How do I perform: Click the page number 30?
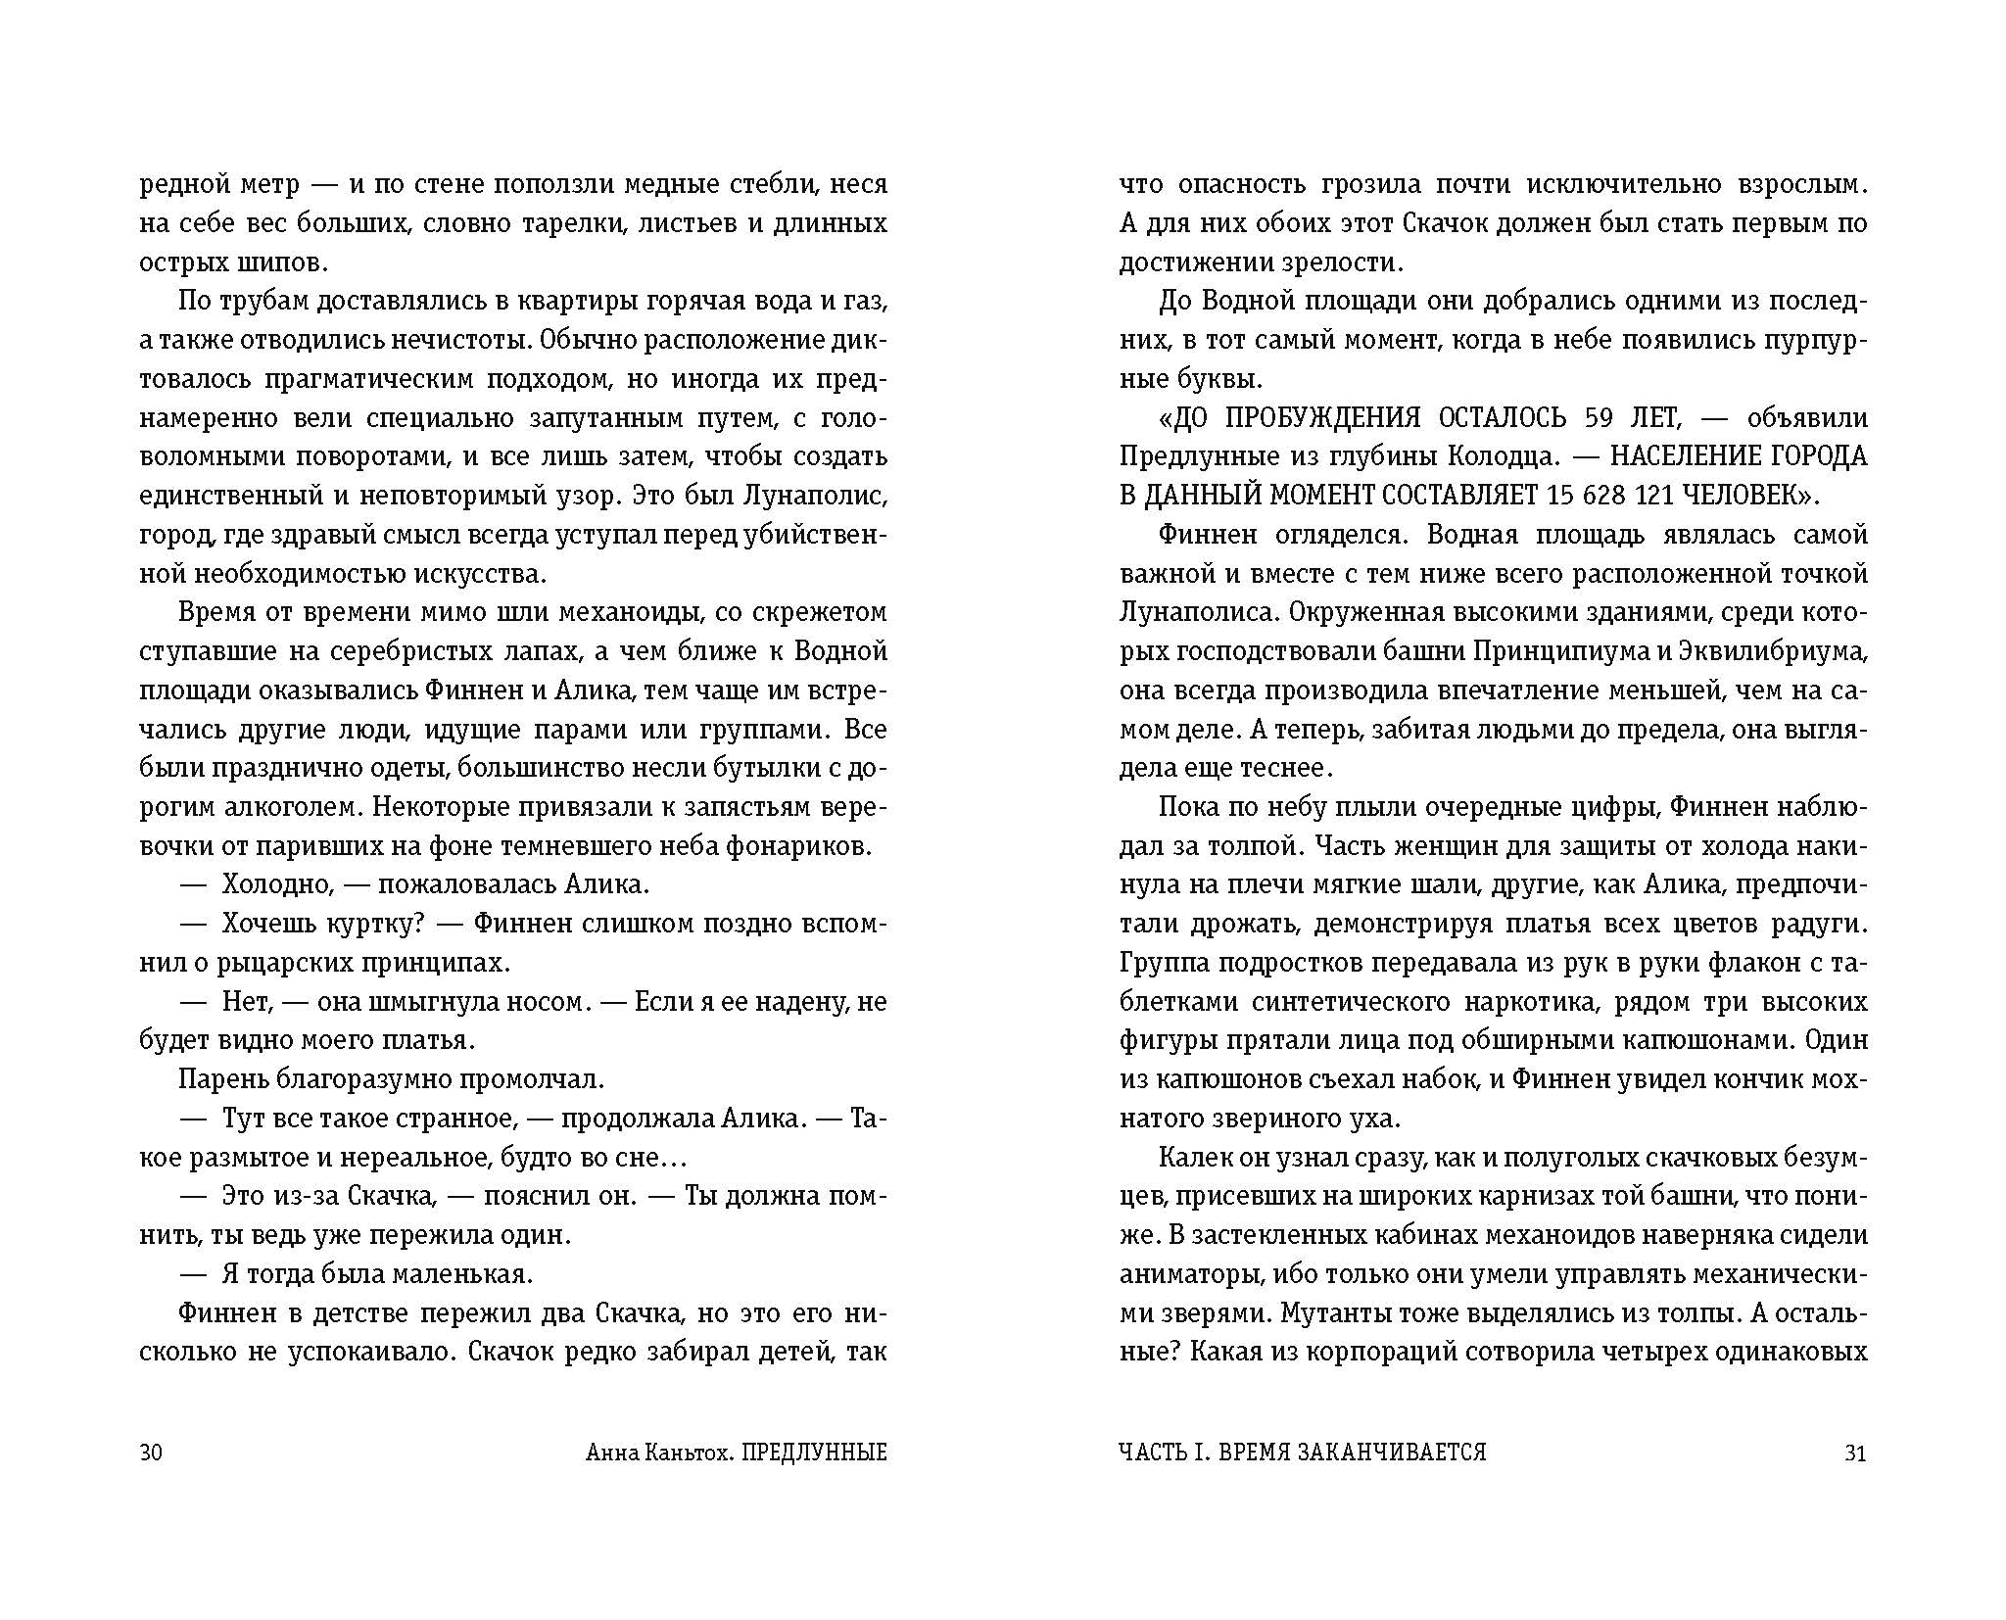(x=151, y=1453)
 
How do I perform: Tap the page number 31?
(x=1855, y=1453)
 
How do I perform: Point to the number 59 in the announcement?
(x=1598, y=418)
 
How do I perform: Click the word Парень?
(x=222, y=1079)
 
